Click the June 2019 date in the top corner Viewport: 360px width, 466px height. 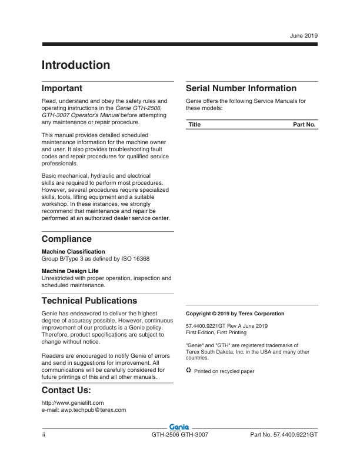(x=304, y=36)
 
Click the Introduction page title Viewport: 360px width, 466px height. (x=75, y=65)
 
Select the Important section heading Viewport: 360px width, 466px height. (x=62, y=88)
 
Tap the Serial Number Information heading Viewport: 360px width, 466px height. (x=241, y=88)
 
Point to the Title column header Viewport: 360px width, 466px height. (x=195, y=125)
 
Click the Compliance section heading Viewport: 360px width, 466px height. (x=66, y=239)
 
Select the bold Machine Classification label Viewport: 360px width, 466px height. (x=73, y=252)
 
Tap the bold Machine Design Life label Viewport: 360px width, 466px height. (x=69, y=271)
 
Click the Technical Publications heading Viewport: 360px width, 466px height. (x=89, y=301)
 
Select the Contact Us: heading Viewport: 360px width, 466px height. (x=66, y=391)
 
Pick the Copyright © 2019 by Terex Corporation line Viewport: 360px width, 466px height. (x=235, y=314)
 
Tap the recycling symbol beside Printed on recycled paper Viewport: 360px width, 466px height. (x=189, y=370)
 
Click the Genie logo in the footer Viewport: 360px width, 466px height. (x=179, y=426)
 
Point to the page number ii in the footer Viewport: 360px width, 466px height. (x=44, y=435)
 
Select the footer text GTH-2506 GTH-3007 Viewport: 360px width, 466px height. (x=180, y=435)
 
